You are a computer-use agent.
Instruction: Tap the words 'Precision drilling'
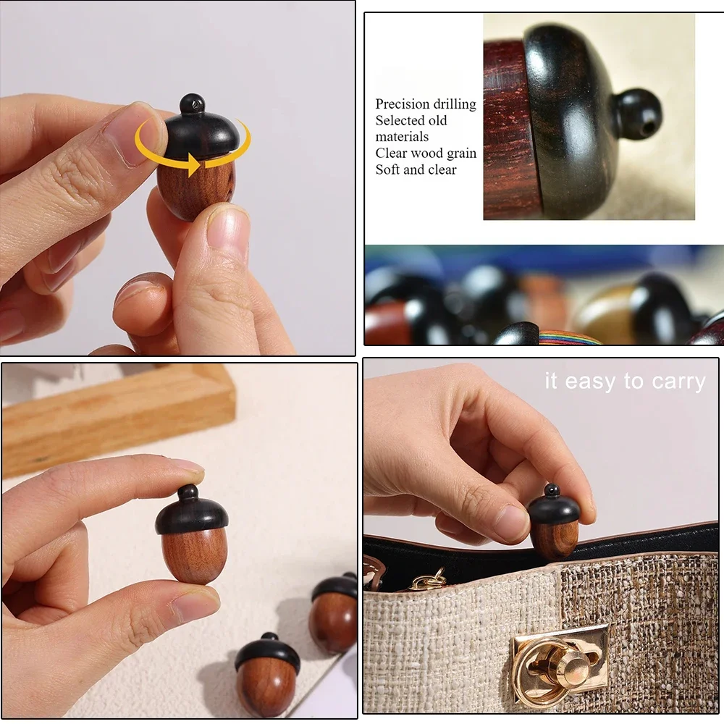425,104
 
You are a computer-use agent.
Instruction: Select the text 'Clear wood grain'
425,153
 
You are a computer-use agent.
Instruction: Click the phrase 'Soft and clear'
416,169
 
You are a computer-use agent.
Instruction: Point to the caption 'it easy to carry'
624,382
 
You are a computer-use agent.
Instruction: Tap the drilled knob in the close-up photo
637,114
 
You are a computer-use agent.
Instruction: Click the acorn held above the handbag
554,523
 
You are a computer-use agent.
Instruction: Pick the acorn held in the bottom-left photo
193,536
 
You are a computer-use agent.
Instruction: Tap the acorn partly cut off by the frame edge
334,613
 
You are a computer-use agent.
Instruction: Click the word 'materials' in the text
402,136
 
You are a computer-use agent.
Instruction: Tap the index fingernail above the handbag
511,522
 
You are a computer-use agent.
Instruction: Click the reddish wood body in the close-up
511,130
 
